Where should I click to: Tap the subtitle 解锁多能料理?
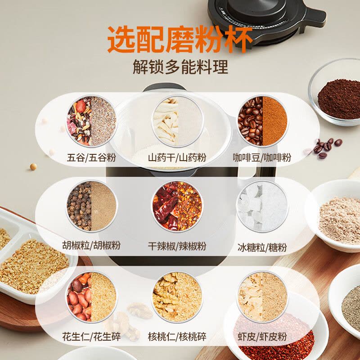180,67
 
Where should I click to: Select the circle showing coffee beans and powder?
263,121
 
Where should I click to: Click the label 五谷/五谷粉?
91,158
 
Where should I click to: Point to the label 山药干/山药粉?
177,158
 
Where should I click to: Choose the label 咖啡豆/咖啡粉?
262,158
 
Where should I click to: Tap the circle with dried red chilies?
177,206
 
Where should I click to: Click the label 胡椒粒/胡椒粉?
91,245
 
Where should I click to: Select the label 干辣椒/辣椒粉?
177,246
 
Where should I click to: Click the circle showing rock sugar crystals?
262,206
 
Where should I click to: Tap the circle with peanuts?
92,297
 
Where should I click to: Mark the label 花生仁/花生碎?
91,337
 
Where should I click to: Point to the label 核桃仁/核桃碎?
177,337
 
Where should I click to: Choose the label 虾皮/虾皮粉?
262,337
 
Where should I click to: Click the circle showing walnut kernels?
177,297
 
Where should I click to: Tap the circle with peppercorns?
92,206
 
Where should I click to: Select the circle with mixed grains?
92,121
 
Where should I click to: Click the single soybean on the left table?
33,166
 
